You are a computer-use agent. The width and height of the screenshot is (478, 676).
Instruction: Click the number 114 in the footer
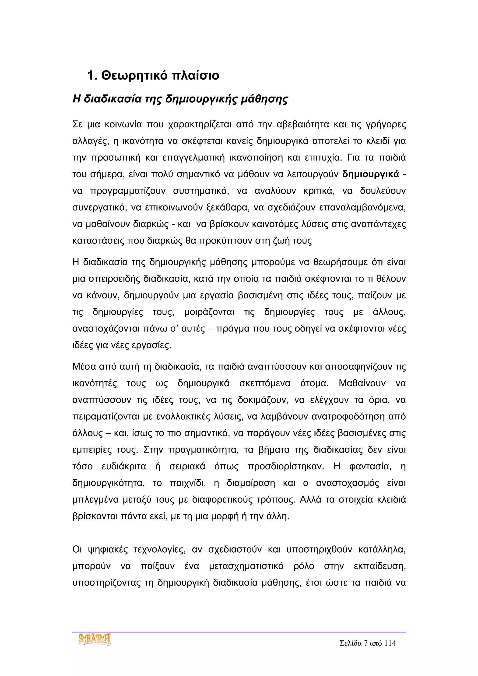[390, 643]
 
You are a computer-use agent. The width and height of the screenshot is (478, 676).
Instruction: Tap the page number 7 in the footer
[366, 643]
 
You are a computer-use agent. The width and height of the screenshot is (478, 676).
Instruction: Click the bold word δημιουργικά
[370, 174]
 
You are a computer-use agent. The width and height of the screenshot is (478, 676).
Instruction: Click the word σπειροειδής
[115, 279]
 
